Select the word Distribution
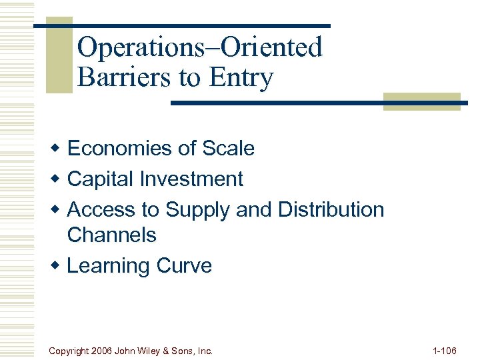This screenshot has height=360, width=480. pos(331,209)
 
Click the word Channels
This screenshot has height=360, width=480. pos(112,235)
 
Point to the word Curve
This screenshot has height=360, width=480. pos(184,266)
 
